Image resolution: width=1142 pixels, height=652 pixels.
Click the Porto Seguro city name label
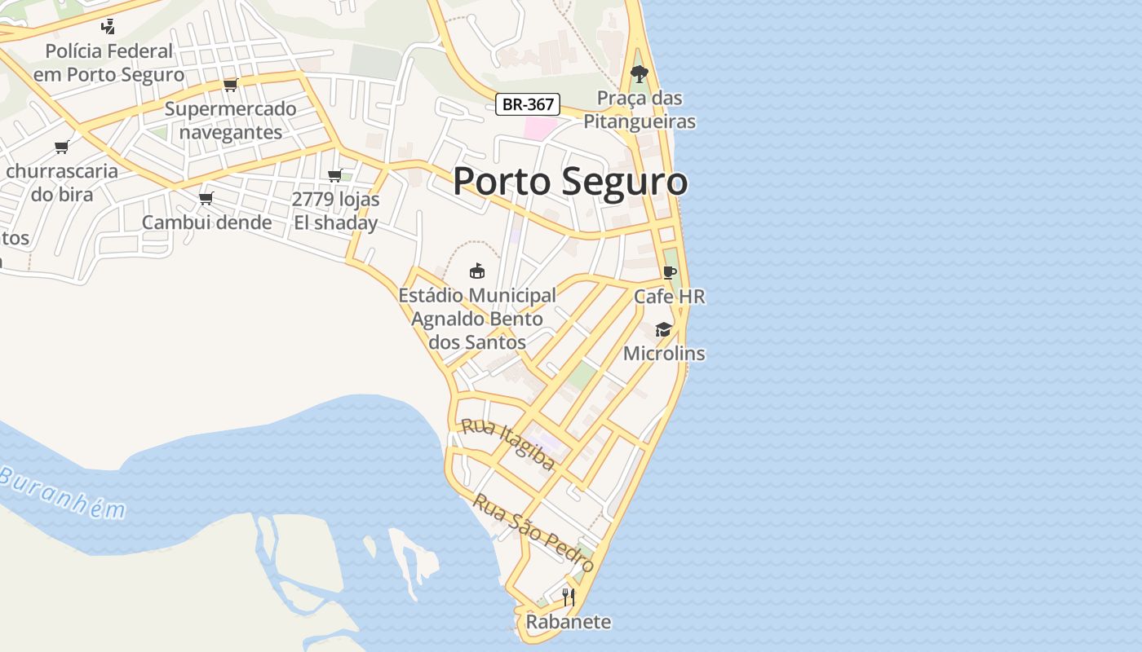click(570, 181)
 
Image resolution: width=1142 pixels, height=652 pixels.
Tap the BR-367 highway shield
click(528, 104)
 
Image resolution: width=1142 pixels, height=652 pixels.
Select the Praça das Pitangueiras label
click(640, 110)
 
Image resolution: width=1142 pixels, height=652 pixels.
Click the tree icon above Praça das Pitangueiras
click(640, 74)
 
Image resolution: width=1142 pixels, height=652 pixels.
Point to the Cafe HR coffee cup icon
click(670, 272)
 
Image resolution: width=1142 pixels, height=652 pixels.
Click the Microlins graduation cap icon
click(663, 330)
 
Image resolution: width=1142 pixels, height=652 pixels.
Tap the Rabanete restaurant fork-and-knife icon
click(569, 597)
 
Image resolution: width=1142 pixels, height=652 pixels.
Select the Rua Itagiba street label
click(508, 445)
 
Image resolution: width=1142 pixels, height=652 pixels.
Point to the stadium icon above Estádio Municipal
click(477, 271)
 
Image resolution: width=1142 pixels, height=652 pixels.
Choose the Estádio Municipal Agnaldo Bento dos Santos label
click(477, 319)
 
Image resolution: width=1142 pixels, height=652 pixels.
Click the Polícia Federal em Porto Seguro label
click(108, 63)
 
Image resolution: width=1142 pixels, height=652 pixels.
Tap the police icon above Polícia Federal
click(108, 26)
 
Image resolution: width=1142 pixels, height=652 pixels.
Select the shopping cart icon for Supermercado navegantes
click(230, 85)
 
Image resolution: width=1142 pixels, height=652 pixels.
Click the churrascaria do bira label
click(62, 183)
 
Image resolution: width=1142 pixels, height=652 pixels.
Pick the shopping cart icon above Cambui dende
click(206, 198)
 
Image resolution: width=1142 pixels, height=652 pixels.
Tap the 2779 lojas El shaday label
click(335, 212)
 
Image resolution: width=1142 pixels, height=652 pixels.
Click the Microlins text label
click(664, 354)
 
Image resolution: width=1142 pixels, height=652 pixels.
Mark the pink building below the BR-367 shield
click(539, 128)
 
